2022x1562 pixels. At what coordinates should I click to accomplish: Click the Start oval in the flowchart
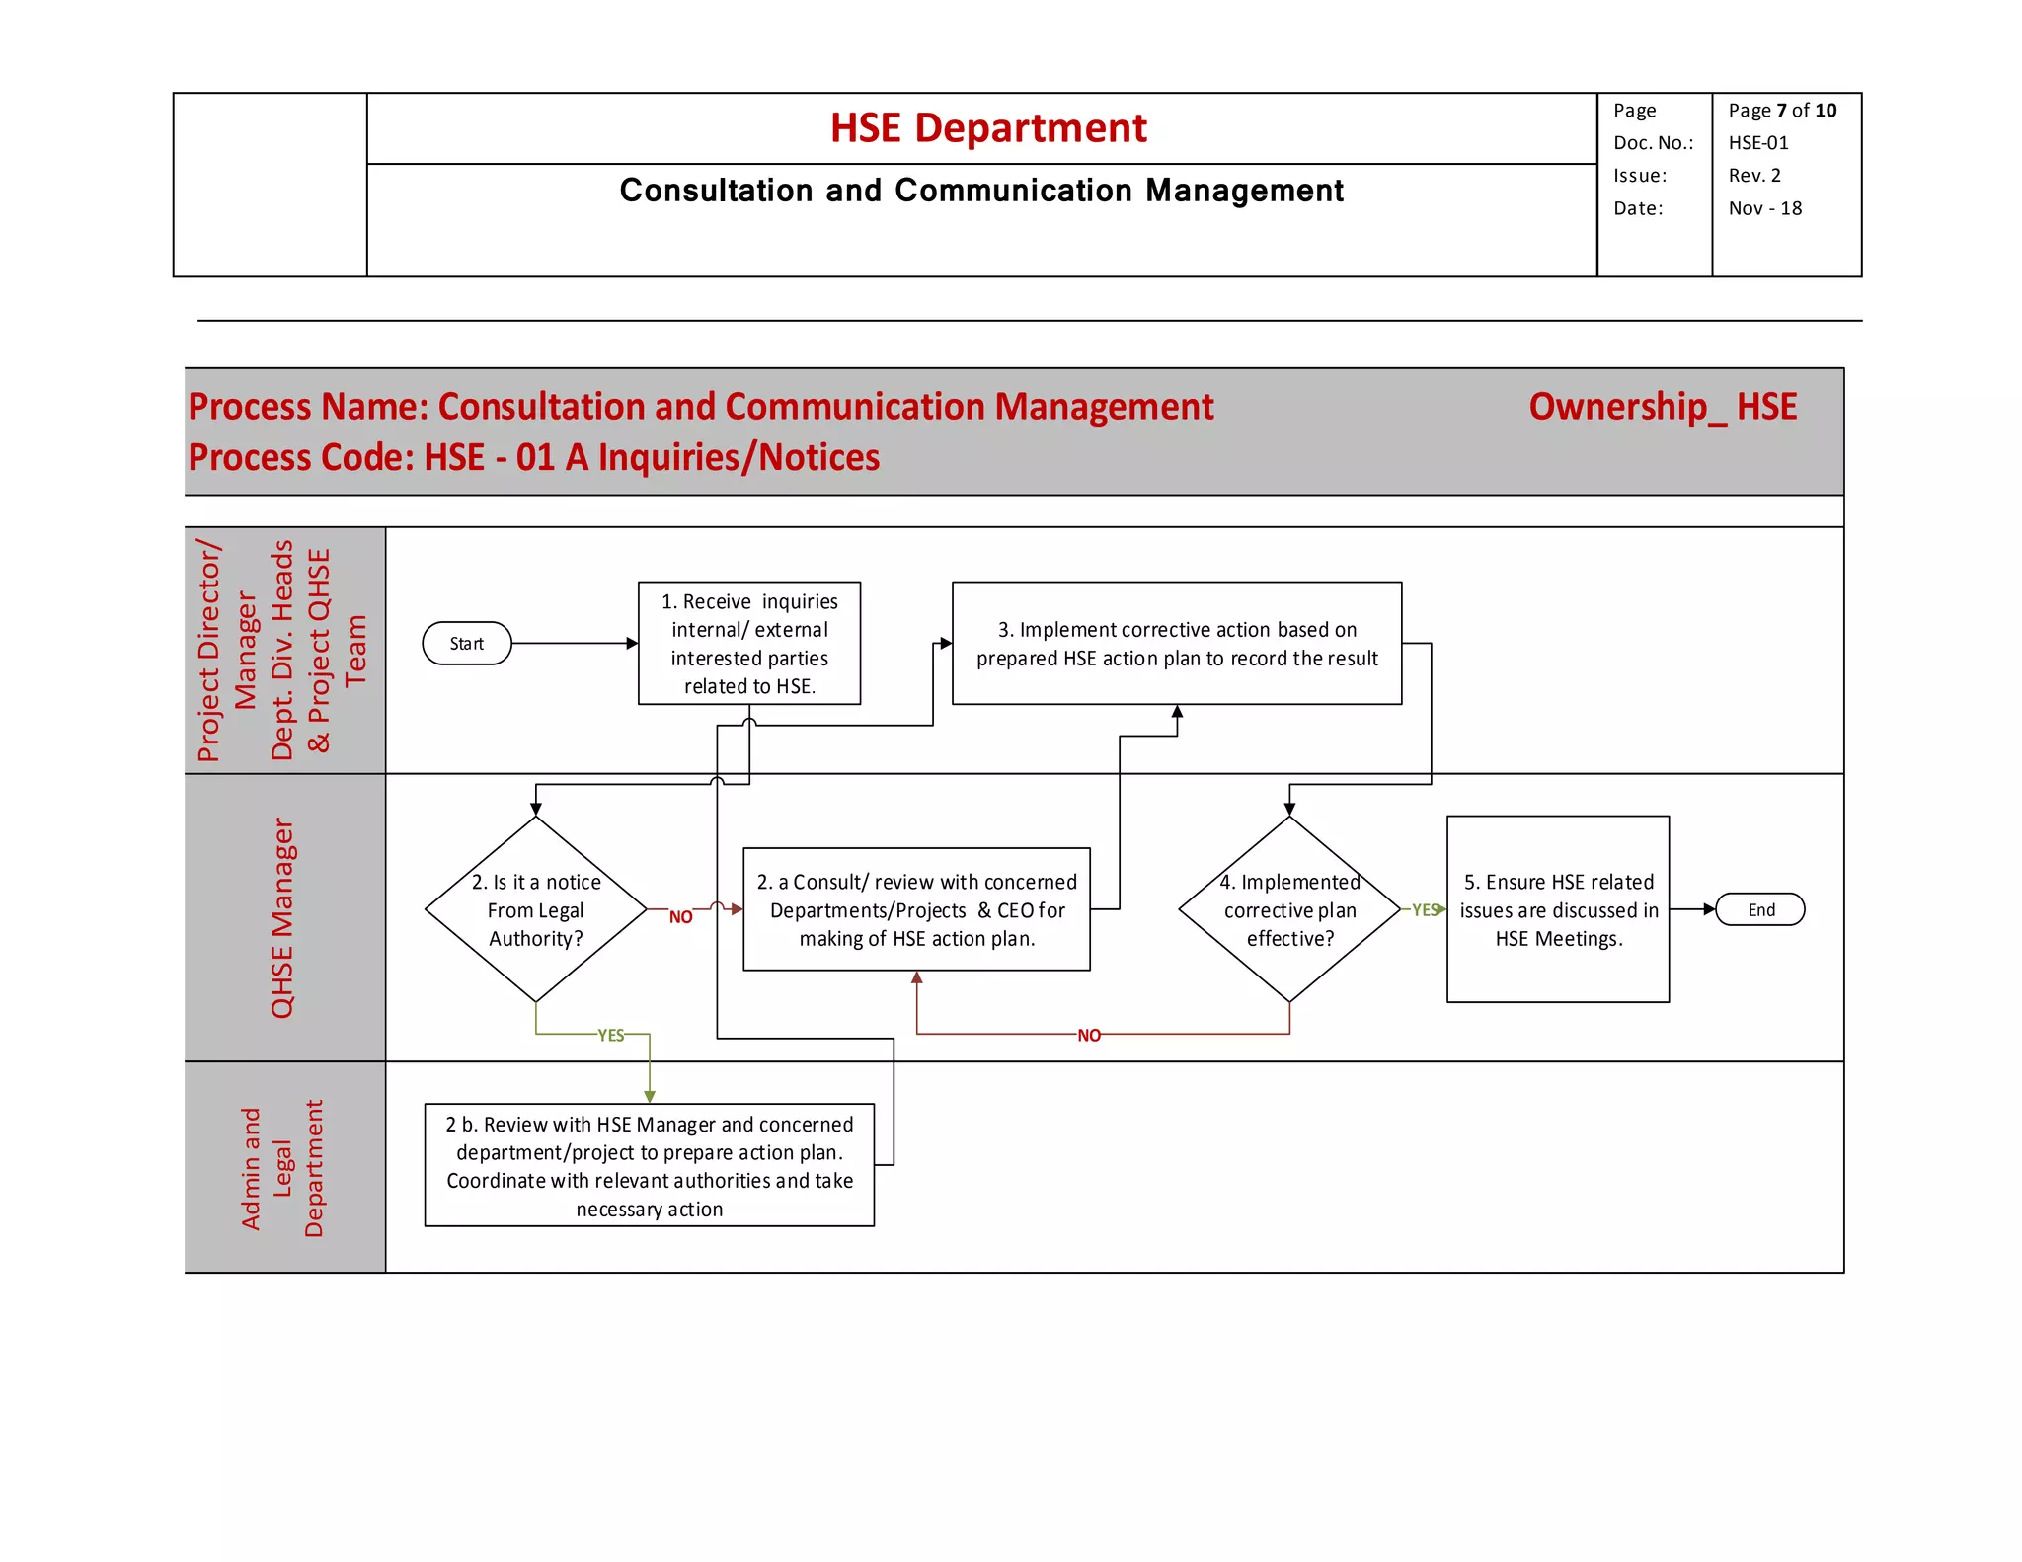coord(466,644)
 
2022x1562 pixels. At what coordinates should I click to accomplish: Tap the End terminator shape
coord(1759,909)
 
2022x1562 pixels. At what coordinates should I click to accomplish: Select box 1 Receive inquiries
coord(749,643)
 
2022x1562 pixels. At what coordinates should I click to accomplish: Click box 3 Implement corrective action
coord(1176,643)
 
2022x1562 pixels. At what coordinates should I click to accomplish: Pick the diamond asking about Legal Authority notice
coord(535,909)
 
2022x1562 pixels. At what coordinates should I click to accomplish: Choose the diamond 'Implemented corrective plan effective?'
coord(1288,909)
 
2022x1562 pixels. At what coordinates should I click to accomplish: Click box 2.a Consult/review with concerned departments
coord(916,909)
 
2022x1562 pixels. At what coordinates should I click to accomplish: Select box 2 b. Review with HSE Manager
coord(649,1165)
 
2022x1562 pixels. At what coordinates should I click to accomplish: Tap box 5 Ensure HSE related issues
coord(1557,909)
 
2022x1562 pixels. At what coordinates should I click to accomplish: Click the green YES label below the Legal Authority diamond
coord(611,1035)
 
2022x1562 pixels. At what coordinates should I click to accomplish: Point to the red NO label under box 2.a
coord(1088,1035)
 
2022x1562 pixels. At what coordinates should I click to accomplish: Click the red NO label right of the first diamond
coord(680,917)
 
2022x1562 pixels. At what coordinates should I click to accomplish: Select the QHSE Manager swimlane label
coord(282,917)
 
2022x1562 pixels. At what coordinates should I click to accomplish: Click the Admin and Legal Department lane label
coord(282,1168)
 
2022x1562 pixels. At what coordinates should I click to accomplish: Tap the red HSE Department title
coord(987,128)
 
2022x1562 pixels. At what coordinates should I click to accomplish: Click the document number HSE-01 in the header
coord(1757,143)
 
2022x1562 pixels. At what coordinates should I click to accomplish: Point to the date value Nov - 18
coord(1764,208)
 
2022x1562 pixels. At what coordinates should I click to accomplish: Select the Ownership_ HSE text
coord(1662,407)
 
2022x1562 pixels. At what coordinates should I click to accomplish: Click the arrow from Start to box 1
coord(573,644)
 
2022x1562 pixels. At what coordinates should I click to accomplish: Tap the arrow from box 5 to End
coord(1691,909)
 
